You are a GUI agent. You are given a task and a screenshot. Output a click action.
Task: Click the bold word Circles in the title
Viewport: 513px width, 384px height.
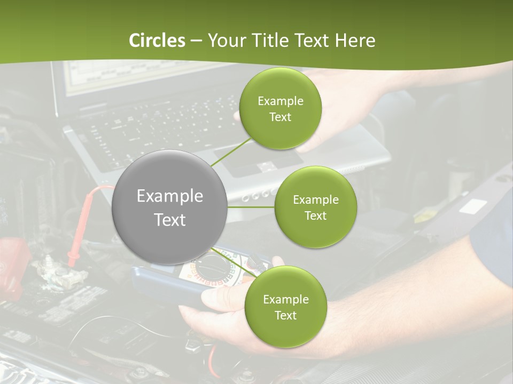(157, 41)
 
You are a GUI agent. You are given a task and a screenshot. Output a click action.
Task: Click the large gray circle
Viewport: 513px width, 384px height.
(169, 207)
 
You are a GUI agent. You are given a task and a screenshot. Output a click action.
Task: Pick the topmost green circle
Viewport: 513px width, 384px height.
(280, 109)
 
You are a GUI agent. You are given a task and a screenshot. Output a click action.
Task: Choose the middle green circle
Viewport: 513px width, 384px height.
(315, 207)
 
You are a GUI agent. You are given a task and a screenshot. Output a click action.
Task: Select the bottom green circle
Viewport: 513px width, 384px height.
(285, 307)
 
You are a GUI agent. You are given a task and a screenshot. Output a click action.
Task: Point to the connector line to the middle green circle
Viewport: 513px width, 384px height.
(251, 207)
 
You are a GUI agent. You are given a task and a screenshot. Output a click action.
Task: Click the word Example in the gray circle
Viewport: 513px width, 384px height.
(169, 196)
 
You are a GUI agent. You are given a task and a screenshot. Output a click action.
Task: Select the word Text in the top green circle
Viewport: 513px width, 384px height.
(280, 117)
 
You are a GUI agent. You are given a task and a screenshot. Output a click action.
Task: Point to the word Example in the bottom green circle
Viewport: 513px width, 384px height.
(285, 299)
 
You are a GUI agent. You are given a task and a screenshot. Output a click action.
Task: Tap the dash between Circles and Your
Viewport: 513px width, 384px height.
(196, 41)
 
